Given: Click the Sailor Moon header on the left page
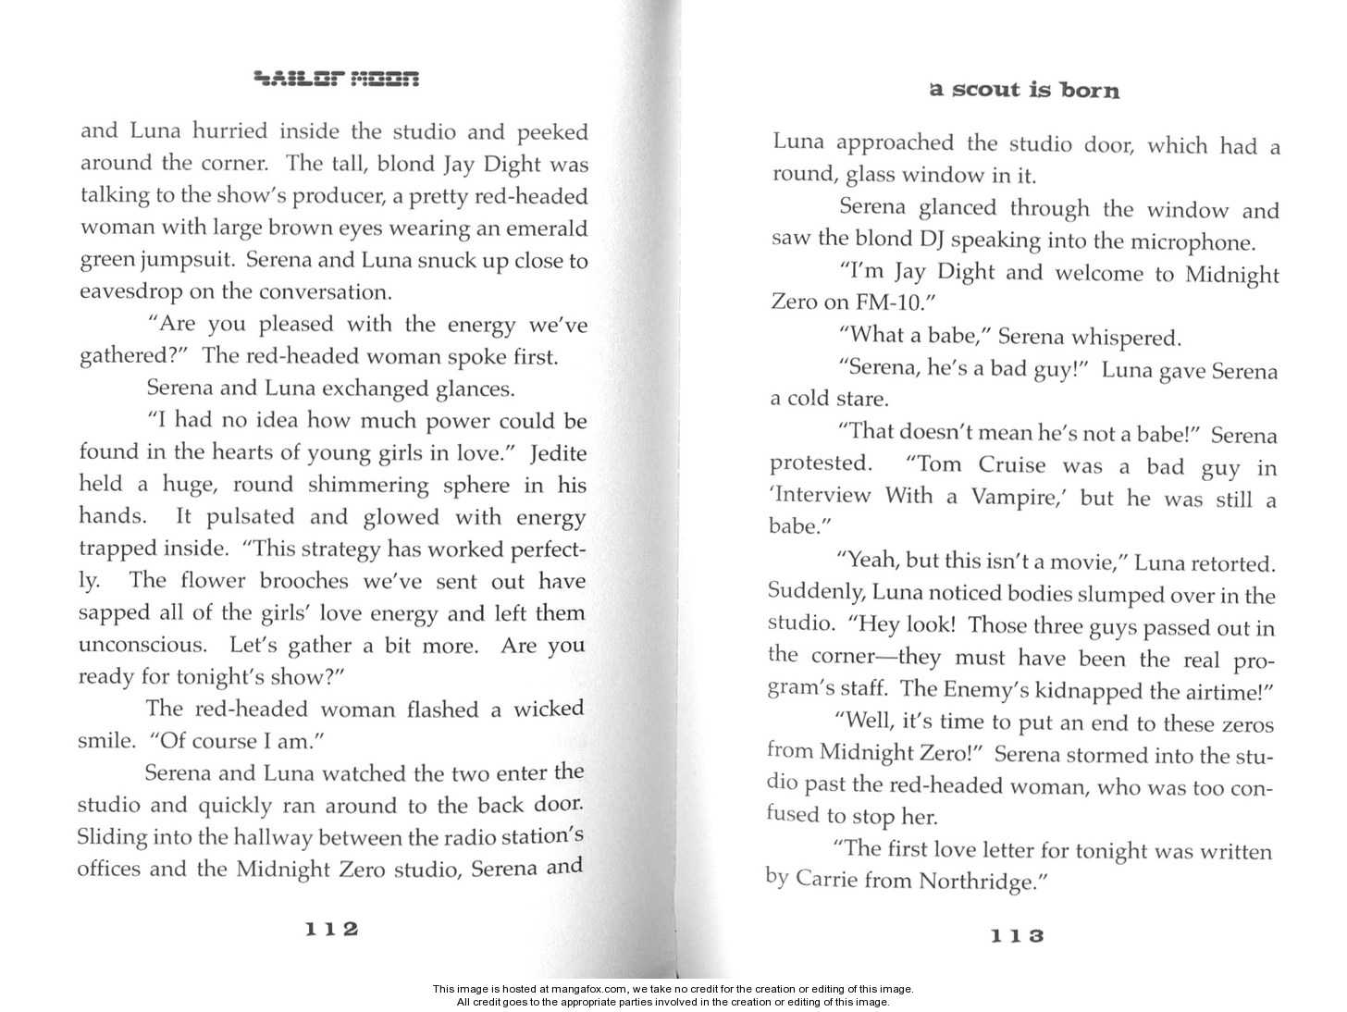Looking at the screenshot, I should (337, 79).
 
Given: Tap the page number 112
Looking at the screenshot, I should (331, 929).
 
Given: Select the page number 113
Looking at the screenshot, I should (1017, 935).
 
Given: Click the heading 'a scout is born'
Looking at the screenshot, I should (1024, 90).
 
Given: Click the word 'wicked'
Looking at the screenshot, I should (549, 709).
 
